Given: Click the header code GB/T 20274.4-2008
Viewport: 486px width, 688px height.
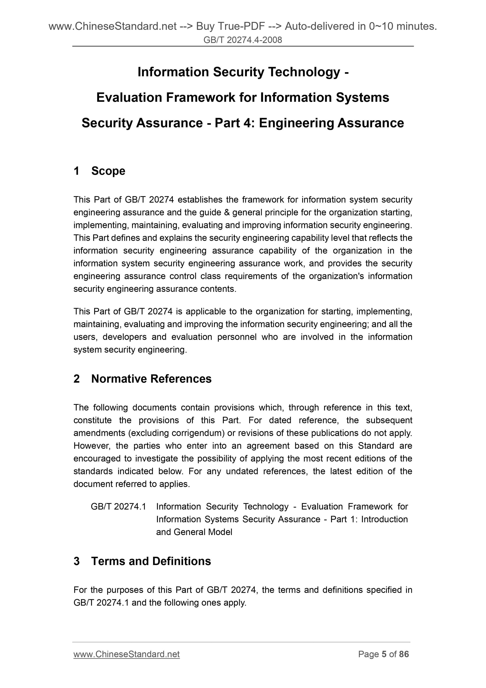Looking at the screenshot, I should pos(243,40).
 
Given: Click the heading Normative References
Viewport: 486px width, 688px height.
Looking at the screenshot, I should pos(151,379).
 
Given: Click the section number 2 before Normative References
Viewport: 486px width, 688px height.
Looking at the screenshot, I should pos(77,379).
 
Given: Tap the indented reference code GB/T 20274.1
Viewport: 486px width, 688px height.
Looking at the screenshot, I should pos(118,506).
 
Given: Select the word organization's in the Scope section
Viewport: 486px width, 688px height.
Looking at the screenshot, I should pos(336,276).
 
